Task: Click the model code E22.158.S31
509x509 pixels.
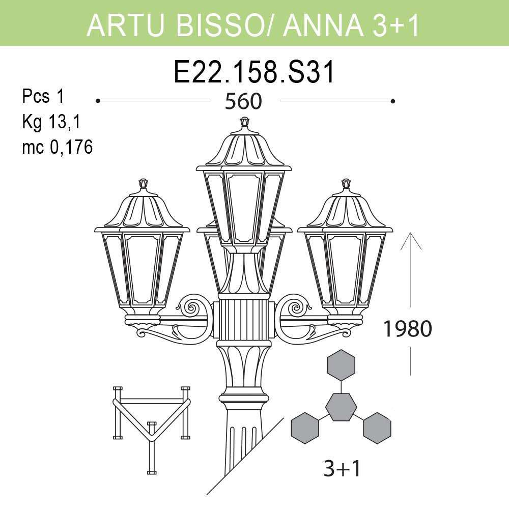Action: tap(254, 72)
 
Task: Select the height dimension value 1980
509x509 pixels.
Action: tap(407, 329)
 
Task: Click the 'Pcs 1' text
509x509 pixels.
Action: tap(43, 96)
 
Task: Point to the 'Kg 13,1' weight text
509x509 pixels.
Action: tap(52, 122)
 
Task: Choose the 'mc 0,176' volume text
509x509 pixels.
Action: tap(57, 148)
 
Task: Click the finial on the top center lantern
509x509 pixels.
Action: tap(245, 122)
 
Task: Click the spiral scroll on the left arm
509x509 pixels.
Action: tap(193, 307)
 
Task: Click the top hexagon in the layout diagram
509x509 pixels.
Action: tap(341, 365)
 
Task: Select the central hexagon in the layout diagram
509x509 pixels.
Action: tap(341, 407)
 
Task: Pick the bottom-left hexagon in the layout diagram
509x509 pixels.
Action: tap(304, 428)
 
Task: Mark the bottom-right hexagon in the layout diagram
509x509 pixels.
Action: tap(377, 428)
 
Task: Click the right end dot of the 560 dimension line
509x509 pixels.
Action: tap(393, 101)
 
